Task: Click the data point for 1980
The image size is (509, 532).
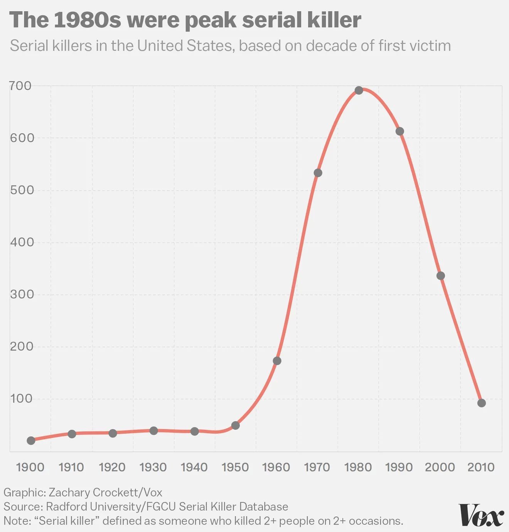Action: pos(359,91)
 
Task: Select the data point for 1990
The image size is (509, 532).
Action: pos(399,131)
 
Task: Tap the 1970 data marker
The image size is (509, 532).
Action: pos(318,173)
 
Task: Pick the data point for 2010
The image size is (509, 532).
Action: pos(481,403)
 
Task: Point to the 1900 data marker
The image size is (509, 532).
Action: pos(31,441)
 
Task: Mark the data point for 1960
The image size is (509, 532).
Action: pos(277,361)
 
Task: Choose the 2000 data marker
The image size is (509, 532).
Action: pos(440,276)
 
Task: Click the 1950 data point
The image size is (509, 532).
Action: pos(235,426)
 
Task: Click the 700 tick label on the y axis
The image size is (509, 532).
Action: pos(21,86)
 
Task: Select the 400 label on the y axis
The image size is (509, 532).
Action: pos(22,242)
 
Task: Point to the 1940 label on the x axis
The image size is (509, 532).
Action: pos(194,467)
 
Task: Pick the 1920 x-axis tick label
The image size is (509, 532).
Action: pos(112,467)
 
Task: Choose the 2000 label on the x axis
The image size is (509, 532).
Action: pos(440,467)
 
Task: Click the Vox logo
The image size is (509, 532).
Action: pos(481,515)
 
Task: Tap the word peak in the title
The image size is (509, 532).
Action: pos(211,20)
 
